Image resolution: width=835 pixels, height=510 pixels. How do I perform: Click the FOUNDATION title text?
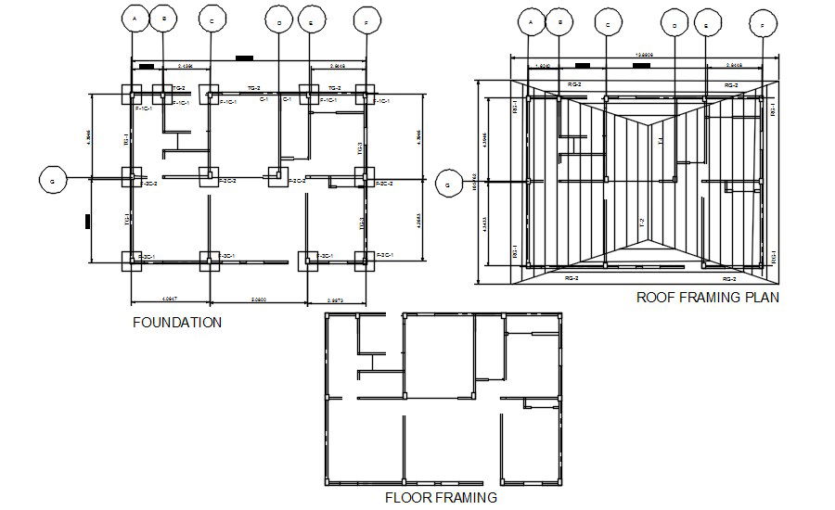[177, 324]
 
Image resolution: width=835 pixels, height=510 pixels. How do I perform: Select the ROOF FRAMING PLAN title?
[707, 298]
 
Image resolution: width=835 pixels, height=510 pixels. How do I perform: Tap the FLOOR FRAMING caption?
[441, 497]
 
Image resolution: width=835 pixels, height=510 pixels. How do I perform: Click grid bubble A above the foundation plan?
[135, 19]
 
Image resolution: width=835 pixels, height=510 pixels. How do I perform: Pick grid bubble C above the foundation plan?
[212, 20]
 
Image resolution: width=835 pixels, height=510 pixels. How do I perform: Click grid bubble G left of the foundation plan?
[52, 181]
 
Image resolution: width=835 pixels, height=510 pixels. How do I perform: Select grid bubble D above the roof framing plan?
[674, 25]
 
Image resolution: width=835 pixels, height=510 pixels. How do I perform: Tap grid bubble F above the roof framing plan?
[763, 25]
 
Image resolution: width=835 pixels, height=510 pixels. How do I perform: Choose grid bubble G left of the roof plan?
[448, 185]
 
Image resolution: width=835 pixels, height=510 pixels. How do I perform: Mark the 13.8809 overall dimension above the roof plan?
[644, 55]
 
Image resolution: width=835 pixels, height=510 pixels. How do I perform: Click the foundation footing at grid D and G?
[277, 175]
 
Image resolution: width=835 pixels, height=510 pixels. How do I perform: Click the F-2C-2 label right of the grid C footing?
[227, 182]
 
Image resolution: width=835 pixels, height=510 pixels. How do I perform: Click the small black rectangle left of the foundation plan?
[86, 221]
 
